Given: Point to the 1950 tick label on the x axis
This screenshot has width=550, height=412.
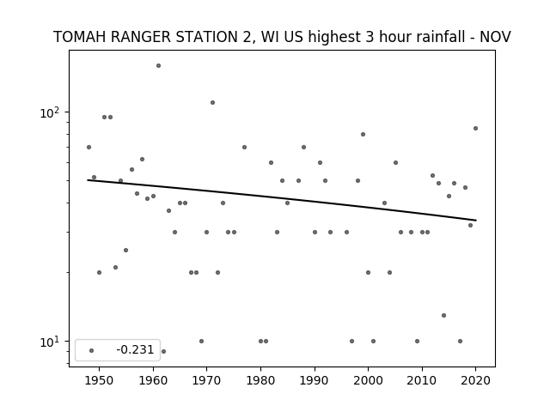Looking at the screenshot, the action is tap(100, 380).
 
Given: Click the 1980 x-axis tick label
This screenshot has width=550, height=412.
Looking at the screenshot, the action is tap(260, 380).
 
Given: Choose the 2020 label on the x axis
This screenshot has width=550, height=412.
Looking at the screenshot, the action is tap(475, 380).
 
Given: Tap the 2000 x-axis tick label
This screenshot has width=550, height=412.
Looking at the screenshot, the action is tap(368, 380).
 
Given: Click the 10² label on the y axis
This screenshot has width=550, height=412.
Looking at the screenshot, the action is tap(50, 112).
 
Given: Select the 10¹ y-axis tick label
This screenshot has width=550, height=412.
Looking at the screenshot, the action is tap(50, 342).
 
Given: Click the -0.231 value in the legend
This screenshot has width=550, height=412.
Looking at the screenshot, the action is tap(135, 349).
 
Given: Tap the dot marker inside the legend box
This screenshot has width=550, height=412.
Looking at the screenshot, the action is tap(92, 350).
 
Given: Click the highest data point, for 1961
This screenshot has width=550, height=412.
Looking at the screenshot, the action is tap(158, 65).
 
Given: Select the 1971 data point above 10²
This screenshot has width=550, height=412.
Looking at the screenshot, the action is tap(212, 103).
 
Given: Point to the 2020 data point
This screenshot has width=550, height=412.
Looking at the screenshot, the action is tap(475, 128).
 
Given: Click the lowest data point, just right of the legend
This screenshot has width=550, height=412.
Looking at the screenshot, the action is tap(163, 351).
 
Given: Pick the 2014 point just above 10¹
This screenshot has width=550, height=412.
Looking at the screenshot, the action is tap(443, 315).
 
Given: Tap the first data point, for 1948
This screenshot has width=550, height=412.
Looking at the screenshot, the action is tap(89, 147).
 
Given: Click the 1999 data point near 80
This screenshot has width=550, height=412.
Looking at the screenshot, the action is tap(363, 134).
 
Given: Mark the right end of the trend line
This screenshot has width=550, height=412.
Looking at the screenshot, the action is tap(476, 220).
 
